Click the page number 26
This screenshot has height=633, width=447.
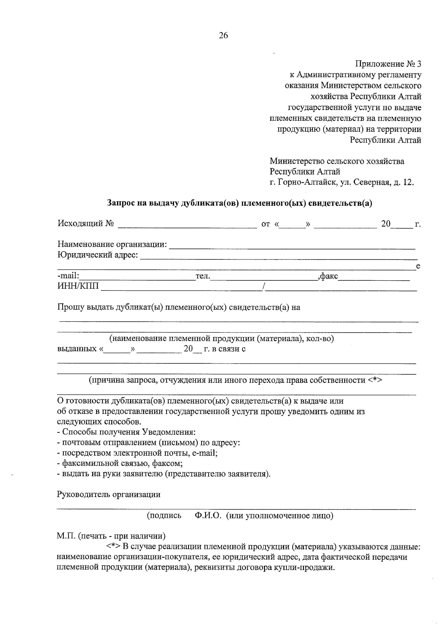coord(223,36)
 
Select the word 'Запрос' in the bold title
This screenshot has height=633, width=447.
coord(120,203)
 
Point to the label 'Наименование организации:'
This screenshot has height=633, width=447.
coord(112,245)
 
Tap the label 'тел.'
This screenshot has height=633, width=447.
coord(203,277)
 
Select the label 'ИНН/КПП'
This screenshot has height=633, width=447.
coord(78,287)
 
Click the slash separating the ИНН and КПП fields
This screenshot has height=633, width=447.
coord(264,286)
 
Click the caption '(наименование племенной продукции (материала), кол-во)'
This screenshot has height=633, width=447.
coord(221,339)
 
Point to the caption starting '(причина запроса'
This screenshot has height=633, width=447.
coord(235,381)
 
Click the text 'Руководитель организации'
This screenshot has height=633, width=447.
coord(108,495)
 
